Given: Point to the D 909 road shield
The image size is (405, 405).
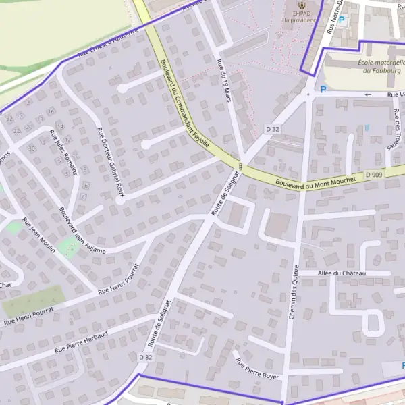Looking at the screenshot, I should tap(374, 175).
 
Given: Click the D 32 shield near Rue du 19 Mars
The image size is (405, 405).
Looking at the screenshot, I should tap(273, 128).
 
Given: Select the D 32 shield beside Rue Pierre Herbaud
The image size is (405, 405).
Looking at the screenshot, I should tap(145, 356).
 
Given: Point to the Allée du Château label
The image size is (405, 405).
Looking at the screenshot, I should tap(341, 273).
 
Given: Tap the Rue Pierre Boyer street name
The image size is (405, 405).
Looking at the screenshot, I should tap(257, 369).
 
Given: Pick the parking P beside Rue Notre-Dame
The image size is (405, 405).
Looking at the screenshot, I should tap(342, 21).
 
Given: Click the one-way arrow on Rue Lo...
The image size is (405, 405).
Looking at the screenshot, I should tap(368, 95).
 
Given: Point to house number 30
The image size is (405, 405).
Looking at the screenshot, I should tap(31, 148).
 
